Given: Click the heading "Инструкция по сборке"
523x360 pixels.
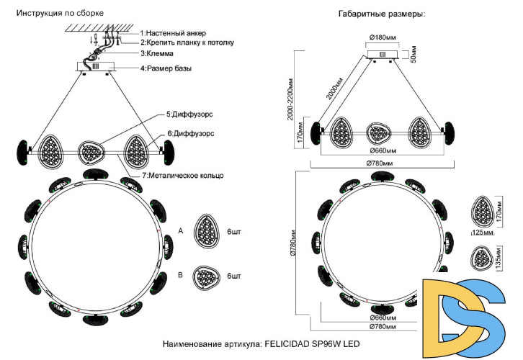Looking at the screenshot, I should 60,14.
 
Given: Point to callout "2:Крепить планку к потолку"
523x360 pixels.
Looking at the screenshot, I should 187,42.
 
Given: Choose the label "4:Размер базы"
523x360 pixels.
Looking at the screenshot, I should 171,68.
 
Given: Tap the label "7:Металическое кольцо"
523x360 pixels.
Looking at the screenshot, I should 184,176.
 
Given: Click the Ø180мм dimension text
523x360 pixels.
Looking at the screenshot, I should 383,37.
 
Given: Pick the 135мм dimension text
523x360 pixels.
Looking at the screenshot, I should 499,258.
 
